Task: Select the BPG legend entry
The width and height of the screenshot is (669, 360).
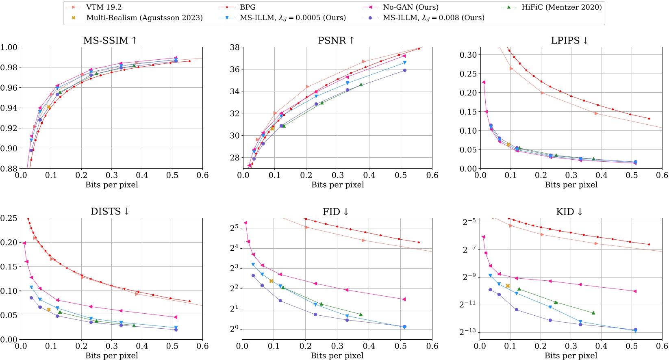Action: pyautogui.click(x=248, y=7)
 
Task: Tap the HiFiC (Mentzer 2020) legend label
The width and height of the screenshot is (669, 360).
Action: pyautogui.click(x=561, y=7)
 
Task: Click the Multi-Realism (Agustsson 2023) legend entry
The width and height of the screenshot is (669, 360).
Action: pyautogui.click(x=144, y=18)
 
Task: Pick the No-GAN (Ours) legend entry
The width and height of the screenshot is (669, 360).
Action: pyautogui.click(x=411, y=7)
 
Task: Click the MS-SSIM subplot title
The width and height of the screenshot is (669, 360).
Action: pyautogui.click(x=110, y=41)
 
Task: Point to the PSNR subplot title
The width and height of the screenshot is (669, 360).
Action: pyautogui.click(x=336, y=41)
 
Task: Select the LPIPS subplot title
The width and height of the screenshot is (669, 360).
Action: pyautogui.click(x=569, y=41)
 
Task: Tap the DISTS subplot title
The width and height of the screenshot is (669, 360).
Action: pyautogui.click(x=110, y=212)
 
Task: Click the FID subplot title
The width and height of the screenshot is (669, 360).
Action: pyautogui.click(x=336, y=212)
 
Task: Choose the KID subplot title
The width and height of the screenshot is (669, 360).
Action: pyautogui.click(x=569, y=212)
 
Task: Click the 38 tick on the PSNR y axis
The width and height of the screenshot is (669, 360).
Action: pyautogui.click(x=235, y=47)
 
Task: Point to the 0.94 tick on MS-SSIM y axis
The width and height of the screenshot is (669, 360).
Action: pyautogui.click(x=9, y=108)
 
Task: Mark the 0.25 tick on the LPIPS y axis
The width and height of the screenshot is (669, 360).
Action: pyautogui.click(x=468, y=74)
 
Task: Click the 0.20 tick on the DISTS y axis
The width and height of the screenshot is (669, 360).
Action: pyautogui.click(x=9, y=242)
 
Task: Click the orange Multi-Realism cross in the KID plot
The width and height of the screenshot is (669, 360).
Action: pyautogui.click(x=508, y=286)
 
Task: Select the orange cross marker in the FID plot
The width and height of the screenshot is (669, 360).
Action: pyautogui.click(x=271, y=281)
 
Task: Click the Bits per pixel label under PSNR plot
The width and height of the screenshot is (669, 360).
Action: pyautogui.click(x=337, y=185)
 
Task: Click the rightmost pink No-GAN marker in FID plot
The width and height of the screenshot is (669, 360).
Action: pyautogui.click(x=404, y=299)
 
